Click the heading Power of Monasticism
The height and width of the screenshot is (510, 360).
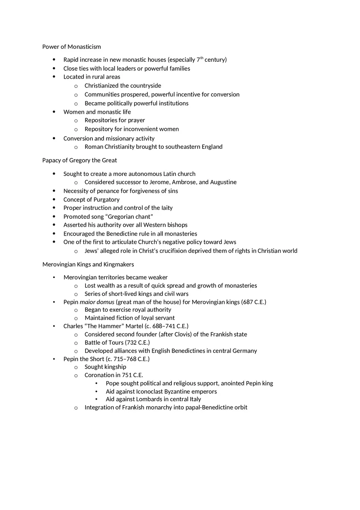click(72, 47)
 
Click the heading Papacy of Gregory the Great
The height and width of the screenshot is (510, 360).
click(79, 160)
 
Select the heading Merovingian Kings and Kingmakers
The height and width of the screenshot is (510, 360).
click(88, 264)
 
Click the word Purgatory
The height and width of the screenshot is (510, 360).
click(106, 200)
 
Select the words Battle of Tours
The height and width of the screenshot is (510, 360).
click(104, 342)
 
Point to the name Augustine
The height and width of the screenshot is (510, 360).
click(223, 182)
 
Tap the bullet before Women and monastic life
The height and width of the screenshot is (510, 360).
click(54, 112)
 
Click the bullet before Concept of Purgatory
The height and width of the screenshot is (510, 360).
click(54, 200)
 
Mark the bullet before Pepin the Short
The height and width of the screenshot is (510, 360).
click(54, 359)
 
